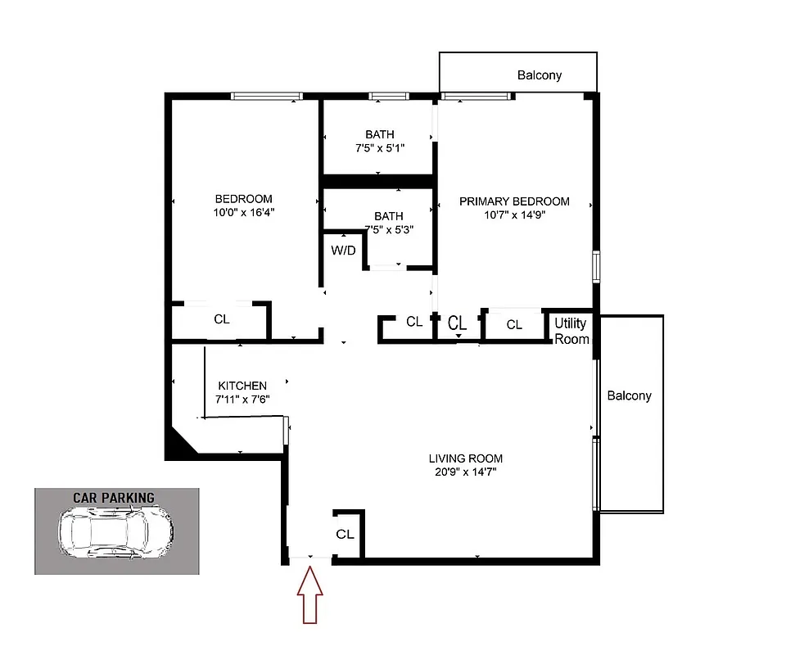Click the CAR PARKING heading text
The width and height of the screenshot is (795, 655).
pos(114,497)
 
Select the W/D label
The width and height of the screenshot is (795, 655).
pos(343,251)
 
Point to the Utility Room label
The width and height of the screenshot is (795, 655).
pos(571,331)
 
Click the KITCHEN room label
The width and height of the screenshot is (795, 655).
pos(242,386)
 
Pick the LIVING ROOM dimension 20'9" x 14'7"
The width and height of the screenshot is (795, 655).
pos(465,472)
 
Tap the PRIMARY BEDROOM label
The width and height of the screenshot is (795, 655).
pos(513,201)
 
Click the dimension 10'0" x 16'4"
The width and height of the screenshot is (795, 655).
pos(243,212)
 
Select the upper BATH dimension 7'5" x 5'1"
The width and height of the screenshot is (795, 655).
pos(380,148)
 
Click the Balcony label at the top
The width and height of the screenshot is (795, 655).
pos(540,75)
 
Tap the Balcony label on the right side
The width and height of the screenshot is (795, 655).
pos(629,395)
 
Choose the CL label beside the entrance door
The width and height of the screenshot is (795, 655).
pos(345,534)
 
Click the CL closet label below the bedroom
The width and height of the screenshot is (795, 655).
pos(221,319)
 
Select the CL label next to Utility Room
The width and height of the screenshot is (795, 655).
pos(514,325)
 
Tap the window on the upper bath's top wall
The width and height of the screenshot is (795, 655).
pos(388,96)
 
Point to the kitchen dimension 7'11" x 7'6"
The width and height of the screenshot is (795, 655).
pos(243,399)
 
